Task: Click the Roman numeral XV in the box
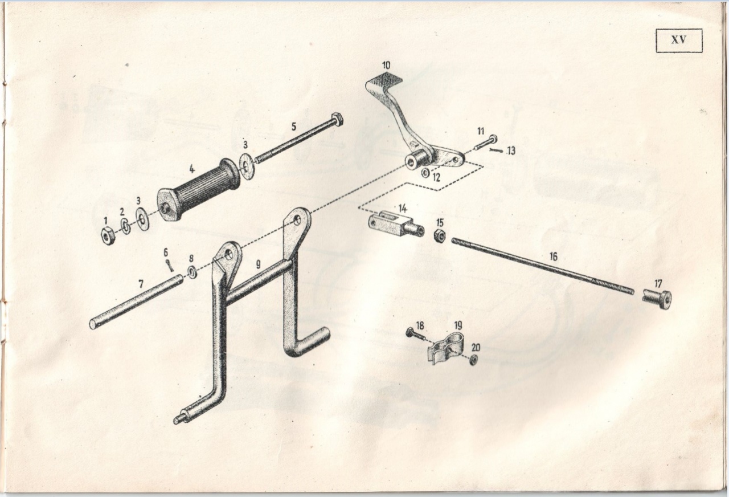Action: tap(678, 40)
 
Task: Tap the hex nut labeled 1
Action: tap(107, 236)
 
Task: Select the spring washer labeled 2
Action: tap(126, 226)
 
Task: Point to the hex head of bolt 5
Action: tap(337, 120)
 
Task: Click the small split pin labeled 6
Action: tap(170, 266)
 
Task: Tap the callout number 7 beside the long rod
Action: tap(141, 284)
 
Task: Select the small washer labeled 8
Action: tap(192, 272)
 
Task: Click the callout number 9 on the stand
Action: tap(258, 264)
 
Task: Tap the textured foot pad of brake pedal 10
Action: tap(384, 81)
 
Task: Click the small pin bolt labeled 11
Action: tap(485, 143)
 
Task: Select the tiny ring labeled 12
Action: tap(425, 173)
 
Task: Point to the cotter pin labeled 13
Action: tap(496, 150)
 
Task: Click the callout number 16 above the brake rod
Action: tap(553, 256)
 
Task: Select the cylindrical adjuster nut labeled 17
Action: tap(657, 300)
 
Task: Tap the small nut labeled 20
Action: tap(474, 359)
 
